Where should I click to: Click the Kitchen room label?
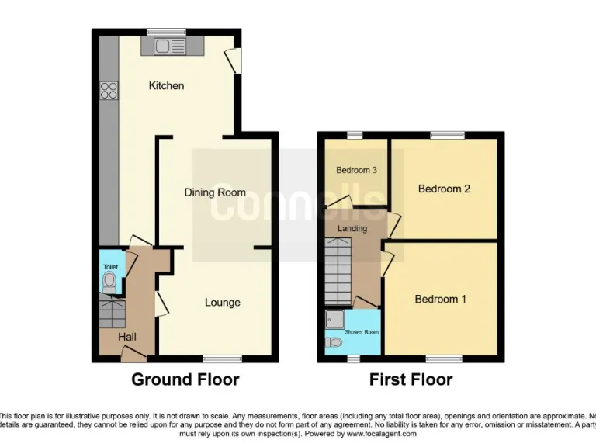[166, 85]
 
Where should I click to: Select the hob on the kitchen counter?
[108, 90]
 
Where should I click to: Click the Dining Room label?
[215, 192]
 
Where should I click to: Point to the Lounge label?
[222, 303]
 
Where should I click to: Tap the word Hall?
[127, 337]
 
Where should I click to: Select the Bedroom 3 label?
[356, 170]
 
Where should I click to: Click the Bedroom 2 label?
[444, 189]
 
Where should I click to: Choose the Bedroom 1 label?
[440, 299]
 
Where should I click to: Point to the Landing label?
[353, 229]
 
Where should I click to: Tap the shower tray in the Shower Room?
[335, 318]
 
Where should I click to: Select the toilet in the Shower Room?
[335, 341]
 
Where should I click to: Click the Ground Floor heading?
[185, 379]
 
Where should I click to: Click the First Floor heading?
[411, 379]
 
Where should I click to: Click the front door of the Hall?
[133, 356]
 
